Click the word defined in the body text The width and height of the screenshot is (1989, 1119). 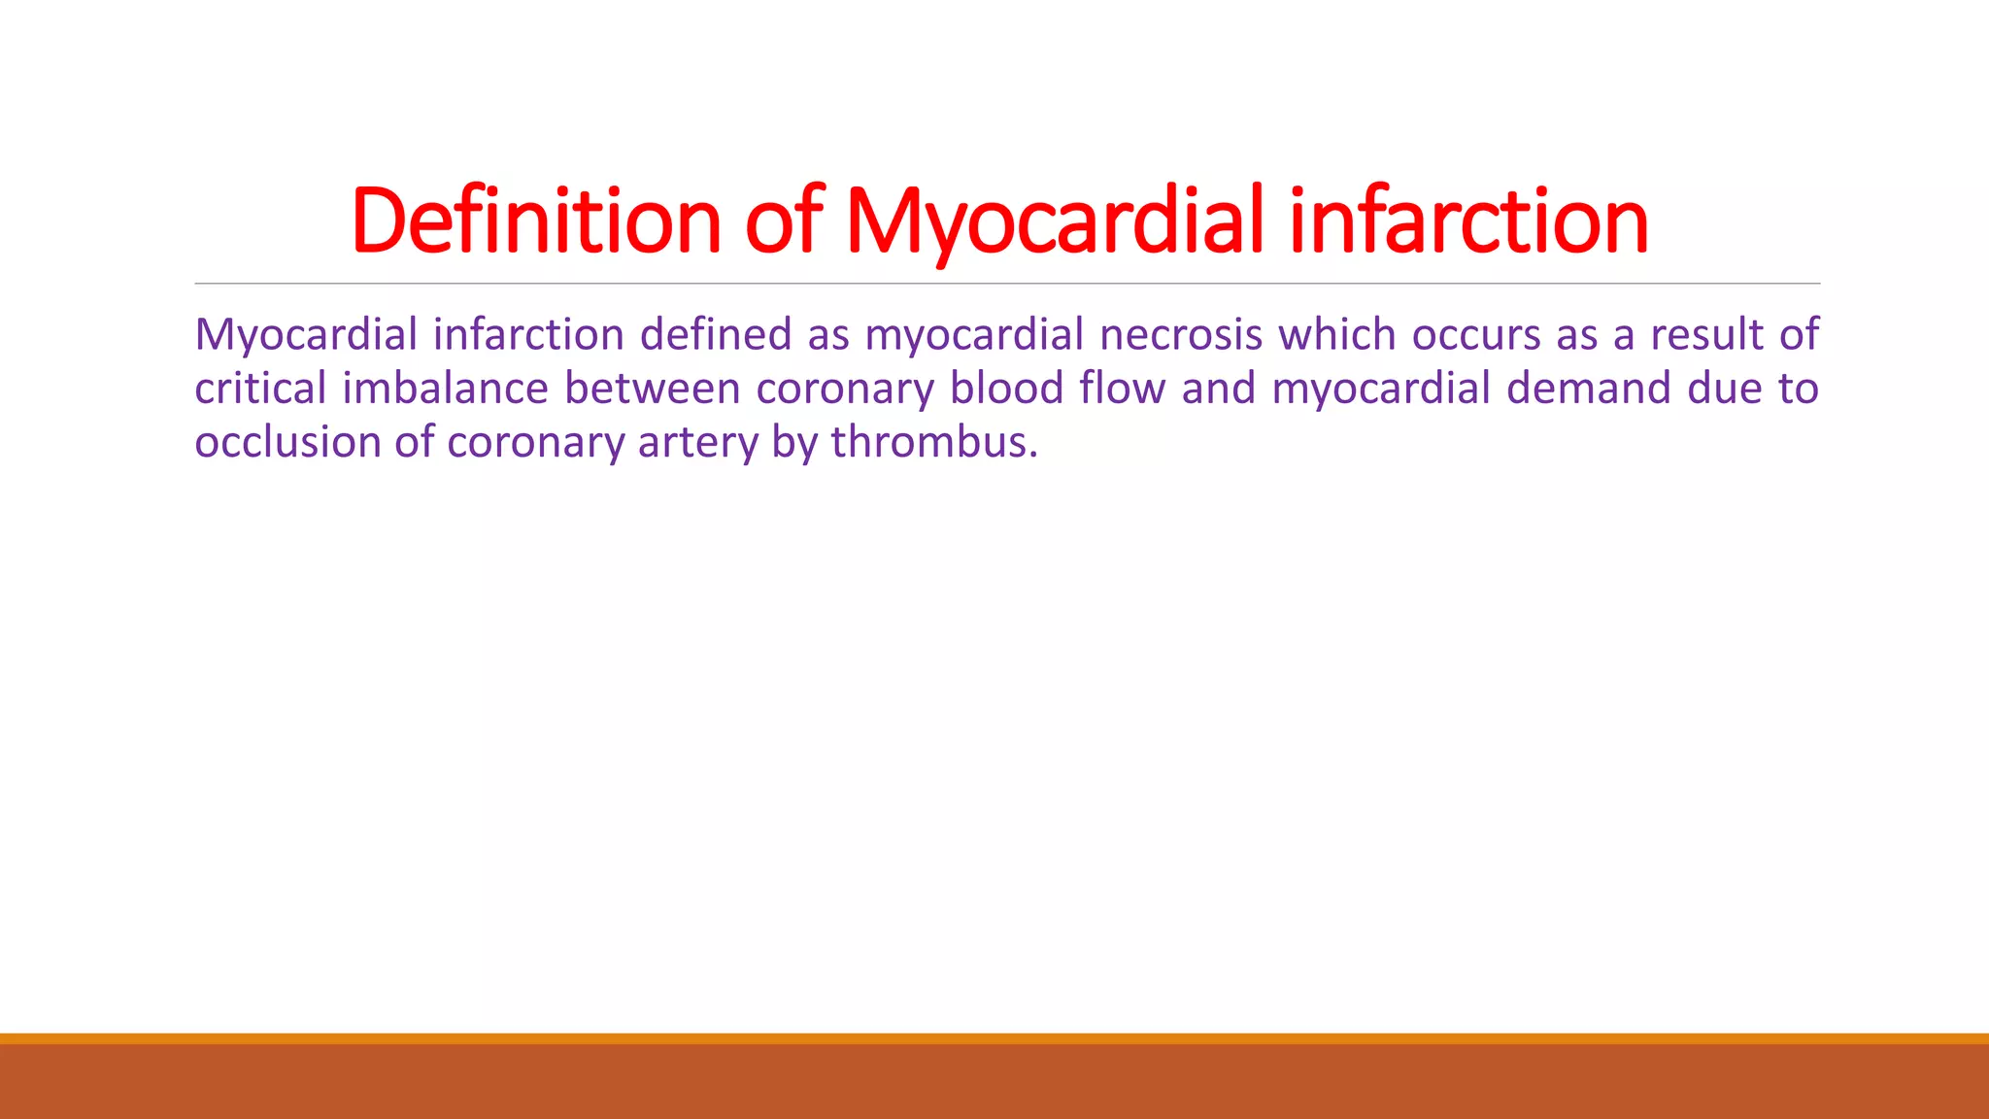[716, 335]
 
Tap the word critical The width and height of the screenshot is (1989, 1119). [260, 389]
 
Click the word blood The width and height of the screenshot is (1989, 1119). [1007, 389]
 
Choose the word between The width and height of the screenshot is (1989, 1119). [653, 389]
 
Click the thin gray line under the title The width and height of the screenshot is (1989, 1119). [1007, 284]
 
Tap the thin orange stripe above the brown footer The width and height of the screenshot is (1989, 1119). [994, 1038]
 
